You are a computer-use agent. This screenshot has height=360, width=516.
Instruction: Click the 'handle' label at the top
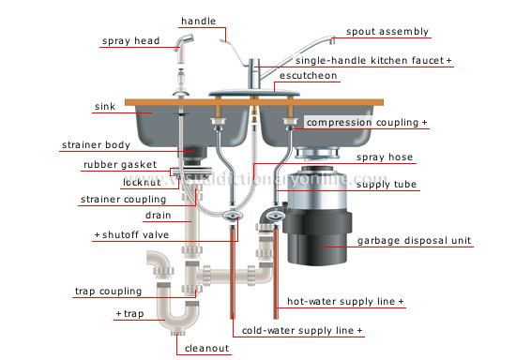click(198, 21)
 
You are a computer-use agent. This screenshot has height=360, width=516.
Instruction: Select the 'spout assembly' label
click(387, 31)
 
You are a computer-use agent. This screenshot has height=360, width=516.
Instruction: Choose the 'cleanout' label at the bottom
click(205, 348)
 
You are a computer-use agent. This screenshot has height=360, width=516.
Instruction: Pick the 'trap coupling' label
click(108, 292)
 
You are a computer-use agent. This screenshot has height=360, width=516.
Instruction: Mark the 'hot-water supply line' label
click(345, 303)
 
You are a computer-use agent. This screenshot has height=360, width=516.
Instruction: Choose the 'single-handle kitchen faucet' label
click(372, 59)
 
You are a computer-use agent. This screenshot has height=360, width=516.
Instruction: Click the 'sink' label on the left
click(106, 107)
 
